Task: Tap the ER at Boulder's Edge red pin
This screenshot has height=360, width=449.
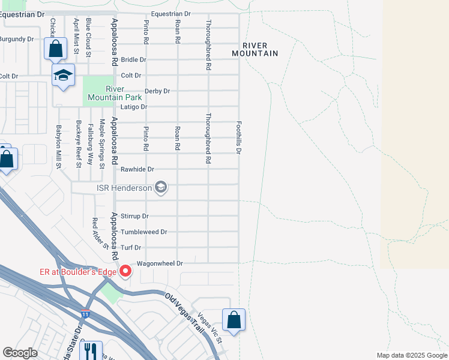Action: tap(125, 272)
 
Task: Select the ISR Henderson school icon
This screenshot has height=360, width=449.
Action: tap(160, 188)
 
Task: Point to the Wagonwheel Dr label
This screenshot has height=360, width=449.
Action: tap(159, 263)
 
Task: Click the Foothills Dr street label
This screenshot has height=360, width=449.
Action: tap(238, 137)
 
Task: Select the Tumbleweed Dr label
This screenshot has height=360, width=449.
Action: tap(143, 232)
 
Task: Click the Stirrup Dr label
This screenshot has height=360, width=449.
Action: tap(134, 216)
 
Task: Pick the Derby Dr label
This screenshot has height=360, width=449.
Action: tap(157, 91)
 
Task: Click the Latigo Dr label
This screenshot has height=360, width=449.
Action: tap(134, 107)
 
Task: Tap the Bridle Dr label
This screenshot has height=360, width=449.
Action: tap(133, 60)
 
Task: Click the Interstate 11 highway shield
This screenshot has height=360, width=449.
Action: tap(86, 314)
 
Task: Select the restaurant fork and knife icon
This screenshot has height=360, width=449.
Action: tap(91, 350)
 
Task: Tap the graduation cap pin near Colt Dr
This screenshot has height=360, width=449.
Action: tap(63, 76)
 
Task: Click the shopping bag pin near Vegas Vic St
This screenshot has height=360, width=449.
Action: tap(234, 320)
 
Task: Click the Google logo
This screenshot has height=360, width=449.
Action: tap(20, 353)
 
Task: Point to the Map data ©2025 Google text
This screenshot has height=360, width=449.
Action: tap(411, 355)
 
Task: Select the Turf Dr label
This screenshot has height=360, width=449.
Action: tap(130, 247)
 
